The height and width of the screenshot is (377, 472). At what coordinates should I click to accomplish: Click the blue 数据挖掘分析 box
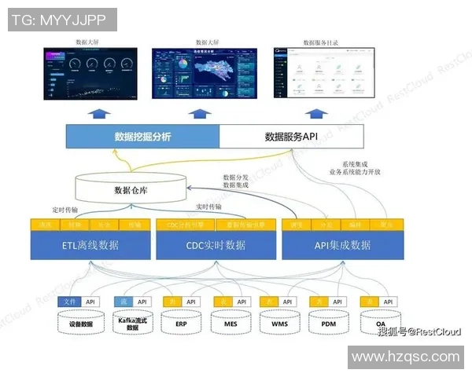(x=142, y=137)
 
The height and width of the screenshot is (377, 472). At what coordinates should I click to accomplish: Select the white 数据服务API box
(x=291, y=137)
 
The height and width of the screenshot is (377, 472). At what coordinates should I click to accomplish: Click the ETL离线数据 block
(x=90, y=245)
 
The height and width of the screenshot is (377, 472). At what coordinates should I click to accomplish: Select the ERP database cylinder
(x=182, y=323)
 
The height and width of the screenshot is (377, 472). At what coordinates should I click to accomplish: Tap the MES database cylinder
(x=231, y=323)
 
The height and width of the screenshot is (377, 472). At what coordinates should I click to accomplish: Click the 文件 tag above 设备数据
(x=71, y=302)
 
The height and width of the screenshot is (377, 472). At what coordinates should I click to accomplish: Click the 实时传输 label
(x=208, y=207)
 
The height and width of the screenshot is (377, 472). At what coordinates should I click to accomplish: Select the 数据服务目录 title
(x=320, y=42)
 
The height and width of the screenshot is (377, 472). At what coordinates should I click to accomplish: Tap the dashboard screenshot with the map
(x=204, y=74)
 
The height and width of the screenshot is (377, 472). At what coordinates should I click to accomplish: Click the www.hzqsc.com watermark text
(x=405, y=358)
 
